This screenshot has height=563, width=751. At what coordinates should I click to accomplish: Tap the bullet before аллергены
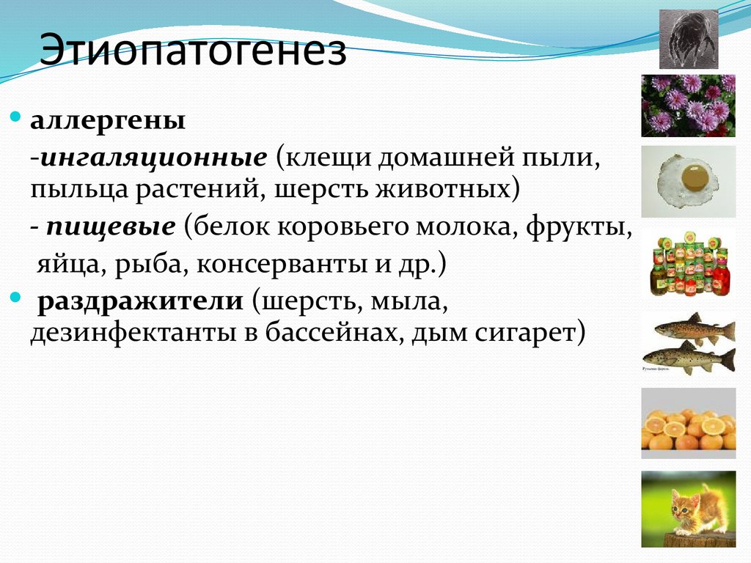coord(17,117)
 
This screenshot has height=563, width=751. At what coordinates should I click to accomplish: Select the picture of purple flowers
coord(688,105)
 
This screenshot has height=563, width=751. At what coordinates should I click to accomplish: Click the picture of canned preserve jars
coord(689,264)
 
